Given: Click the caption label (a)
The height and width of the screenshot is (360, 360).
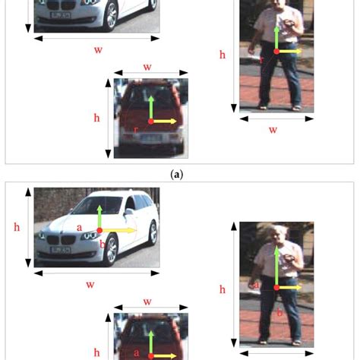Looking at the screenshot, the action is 177,175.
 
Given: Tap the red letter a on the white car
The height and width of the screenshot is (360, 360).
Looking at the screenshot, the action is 80,228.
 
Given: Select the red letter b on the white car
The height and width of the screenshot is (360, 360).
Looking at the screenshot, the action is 103,244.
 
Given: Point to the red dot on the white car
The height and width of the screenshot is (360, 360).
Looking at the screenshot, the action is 99,230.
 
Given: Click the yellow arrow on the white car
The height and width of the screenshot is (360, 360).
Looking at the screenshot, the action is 119,230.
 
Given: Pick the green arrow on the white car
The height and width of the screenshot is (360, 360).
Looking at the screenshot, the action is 99,216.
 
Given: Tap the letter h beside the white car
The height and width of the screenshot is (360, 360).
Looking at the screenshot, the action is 17,227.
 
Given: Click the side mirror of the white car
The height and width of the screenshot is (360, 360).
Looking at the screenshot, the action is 128,211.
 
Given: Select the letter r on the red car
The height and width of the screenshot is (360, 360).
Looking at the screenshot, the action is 136,130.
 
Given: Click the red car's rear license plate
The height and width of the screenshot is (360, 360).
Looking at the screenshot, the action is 152,138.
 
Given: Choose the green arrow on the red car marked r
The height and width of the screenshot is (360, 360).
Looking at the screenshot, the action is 151,108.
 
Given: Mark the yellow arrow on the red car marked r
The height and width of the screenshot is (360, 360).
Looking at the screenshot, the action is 165,122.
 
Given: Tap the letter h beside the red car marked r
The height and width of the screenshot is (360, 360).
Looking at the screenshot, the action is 96,118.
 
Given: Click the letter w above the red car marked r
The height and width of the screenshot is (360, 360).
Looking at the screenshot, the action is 147,67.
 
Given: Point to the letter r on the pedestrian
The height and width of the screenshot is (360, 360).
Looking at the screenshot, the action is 261,60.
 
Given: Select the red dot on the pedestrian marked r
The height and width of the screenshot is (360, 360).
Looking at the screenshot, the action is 276,52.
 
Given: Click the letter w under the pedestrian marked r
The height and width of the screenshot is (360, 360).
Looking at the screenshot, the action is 273,130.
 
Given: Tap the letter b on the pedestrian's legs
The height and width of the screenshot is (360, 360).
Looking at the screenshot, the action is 279,312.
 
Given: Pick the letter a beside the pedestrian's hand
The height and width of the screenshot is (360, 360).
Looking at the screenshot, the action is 256,285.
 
